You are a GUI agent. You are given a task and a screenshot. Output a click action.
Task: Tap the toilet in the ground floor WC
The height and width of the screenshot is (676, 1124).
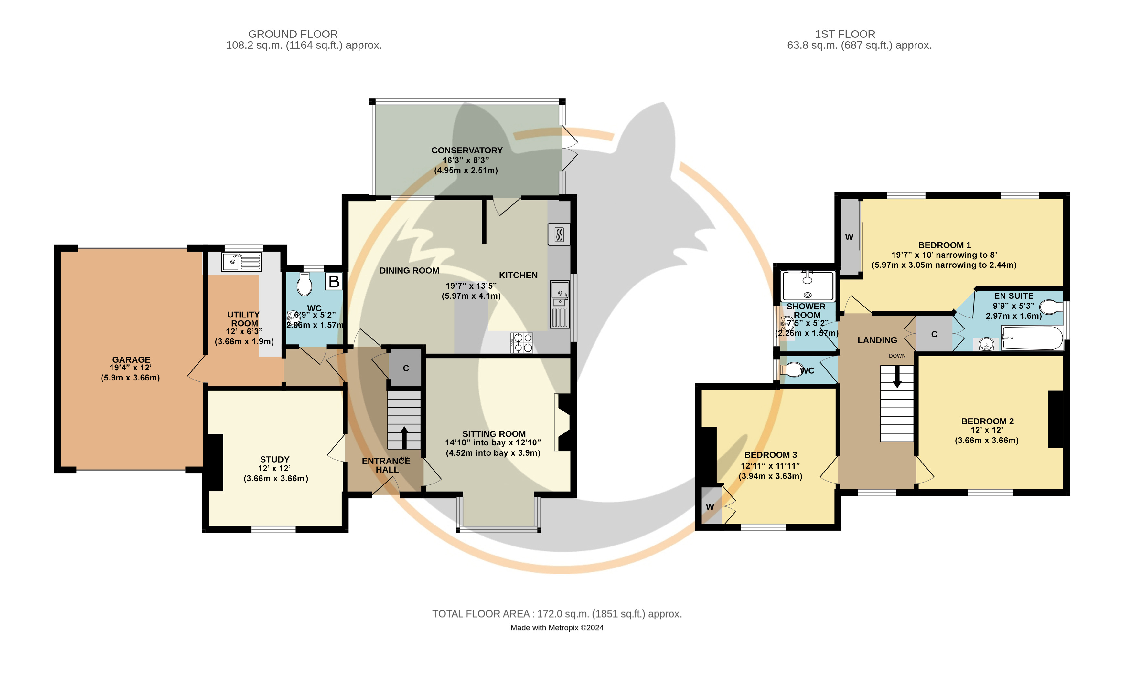[305, 284]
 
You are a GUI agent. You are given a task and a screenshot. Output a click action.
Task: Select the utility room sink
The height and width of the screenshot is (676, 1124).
[241, 262]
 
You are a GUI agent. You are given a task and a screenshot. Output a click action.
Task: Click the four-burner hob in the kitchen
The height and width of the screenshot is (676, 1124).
[522, 343]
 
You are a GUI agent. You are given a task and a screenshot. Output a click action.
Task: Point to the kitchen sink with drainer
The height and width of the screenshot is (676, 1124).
[560, 304]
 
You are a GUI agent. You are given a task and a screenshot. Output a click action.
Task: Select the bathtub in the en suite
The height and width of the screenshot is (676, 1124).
[1033, 338]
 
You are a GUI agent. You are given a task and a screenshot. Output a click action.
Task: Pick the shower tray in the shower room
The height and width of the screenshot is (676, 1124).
[808, 286]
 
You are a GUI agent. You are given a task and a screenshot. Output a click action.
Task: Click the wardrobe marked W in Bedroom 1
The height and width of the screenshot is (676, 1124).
[850, 237]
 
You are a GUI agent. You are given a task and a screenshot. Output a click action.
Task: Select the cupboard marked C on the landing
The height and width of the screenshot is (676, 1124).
[934, 334]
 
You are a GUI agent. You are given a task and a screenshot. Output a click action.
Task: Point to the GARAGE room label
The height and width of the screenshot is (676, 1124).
[131, 359]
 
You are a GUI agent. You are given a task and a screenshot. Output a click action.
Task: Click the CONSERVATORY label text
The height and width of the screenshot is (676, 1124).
[467, 150]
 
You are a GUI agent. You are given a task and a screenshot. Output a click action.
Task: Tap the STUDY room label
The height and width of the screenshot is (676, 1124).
[275, 459]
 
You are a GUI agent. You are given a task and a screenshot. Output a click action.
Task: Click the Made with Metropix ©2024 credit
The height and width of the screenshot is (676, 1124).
[557, 628]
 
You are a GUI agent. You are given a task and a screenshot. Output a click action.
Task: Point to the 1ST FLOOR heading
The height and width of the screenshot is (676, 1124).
[845, 34]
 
